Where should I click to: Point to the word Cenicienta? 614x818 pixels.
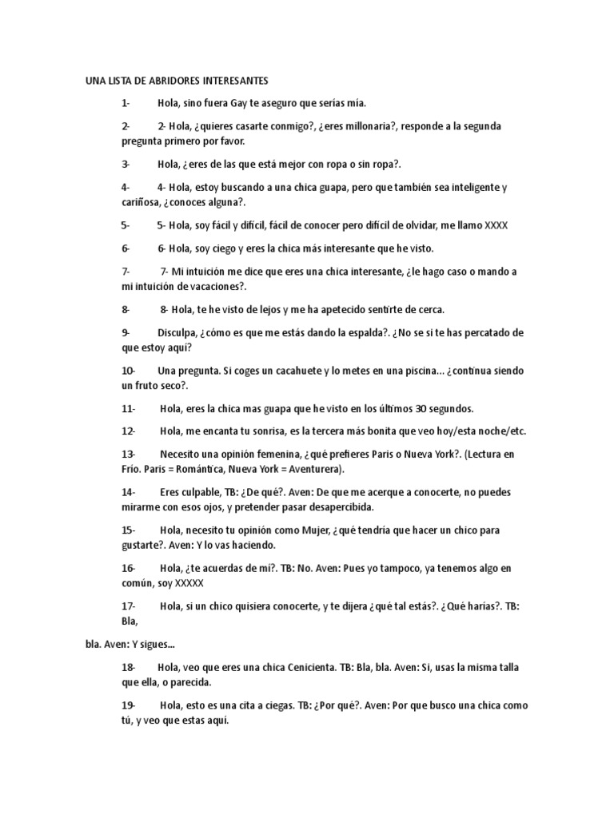pos(303,668)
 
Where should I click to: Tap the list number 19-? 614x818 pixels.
pos(128,705)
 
